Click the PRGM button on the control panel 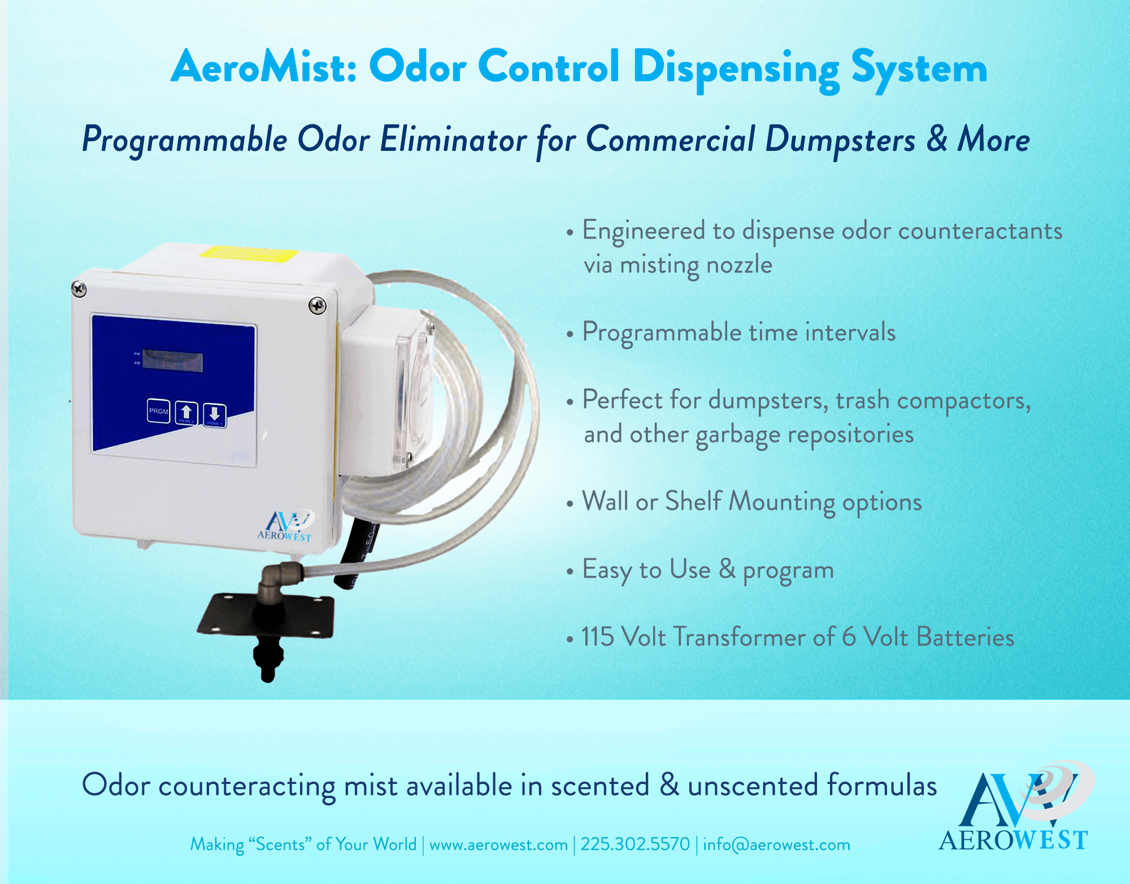tap(158, 411)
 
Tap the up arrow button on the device tap(186, 412)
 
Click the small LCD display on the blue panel tap(172, 361)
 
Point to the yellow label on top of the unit tap(249, 254)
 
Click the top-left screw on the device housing tap(79, 289)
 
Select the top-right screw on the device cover tap(317, 306)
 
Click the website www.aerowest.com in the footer tap(498, 844)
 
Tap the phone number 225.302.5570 tap(635, 844)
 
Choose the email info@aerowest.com tap(776, 844)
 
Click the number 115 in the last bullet tap(597, 637)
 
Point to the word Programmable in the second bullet tap(662, 332)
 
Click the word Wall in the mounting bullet tap(605, 501)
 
